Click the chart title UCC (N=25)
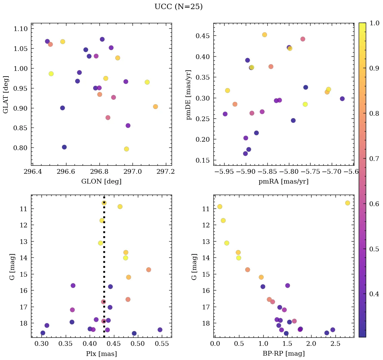click(x=178, y=7)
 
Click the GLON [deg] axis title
click(x=101, y=182)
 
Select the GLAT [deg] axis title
click(x=6, y=94)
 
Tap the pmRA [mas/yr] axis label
click(x=283, y=182)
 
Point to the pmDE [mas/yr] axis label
click(x=189, y=94)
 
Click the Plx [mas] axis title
click(x=101, y=354)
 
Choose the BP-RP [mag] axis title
click(x=283, y=354)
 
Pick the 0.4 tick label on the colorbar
click(x=375, y=294)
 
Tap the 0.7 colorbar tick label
click(x=375, y=159)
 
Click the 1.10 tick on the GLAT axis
click(x=21, y=29)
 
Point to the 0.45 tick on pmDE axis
click(x=203, y=36)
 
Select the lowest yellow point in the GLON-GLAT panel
click(x=126, y=149)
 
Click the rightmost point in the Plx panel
click(x=160, y=330)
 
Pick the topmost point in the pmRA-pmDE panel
click(x=265, y=35)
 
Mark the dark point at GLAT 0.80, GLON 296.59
click(x=64, y=147)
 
